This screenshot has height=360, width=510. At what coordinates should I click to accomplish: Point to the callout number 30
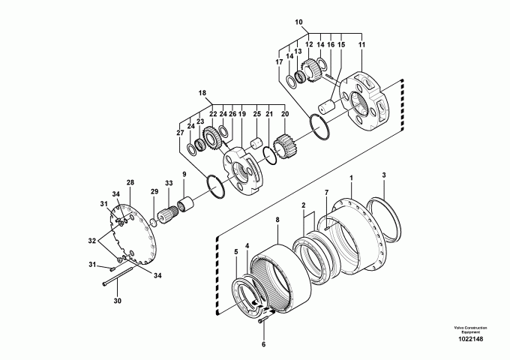117,301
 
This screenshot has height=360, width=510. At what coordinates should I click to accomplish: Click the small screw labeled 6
262,316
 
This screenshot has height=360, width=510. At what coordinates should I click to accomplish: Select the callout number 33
168,182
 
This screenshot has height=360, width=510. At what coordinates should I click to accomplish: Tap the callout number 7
326,193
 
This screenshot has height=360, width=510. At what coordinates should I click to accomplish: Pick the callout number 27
180,133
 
